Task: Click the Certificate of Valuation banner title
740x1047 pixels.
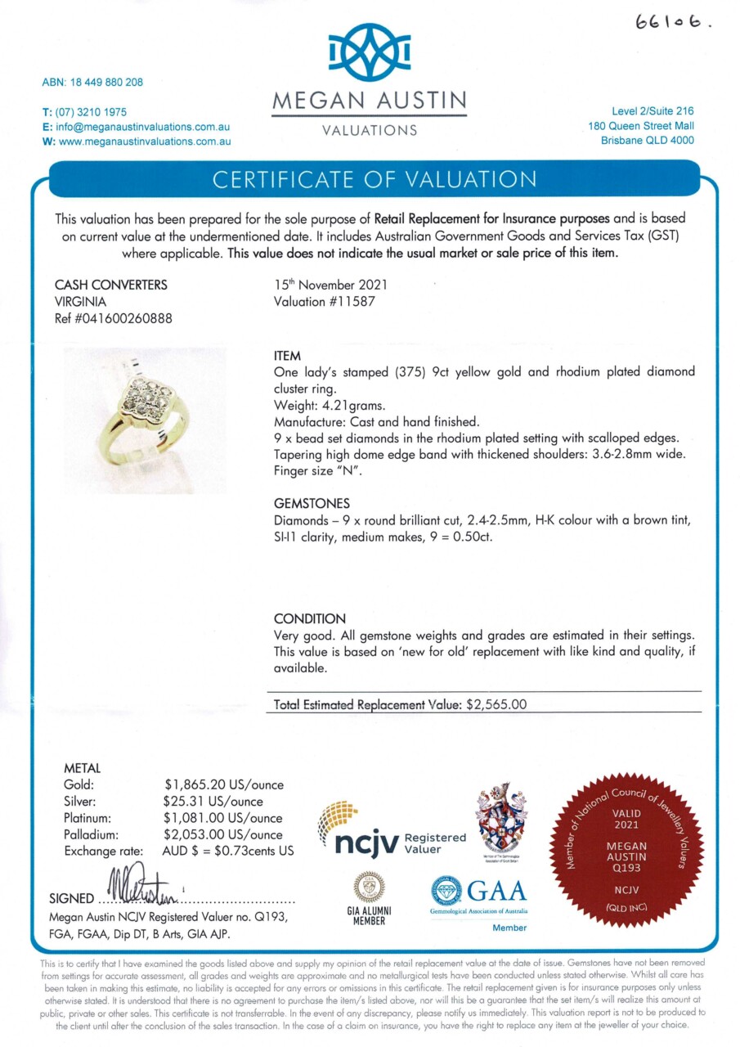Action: (x=374, y=179)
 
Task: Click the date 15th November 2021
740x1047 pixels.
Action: (x=330, y=285)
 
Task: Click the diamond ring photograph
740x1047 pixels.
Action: (x=146, y=420)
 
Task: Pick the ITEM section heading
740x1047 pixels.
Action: (x=287, y=357)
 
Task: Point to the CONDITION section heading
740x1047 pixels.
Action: (x=309, y=619)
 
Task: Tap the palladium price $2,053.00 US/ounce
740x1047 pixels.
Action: (x=223, y=835)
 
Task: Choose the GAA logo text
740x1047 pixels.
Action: (x=496, y=890)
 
